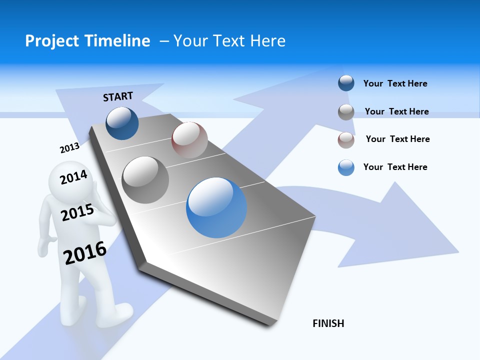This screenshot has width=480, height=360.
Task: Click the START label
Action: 118,96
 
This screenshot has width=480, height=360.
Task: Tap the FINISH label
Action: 328,323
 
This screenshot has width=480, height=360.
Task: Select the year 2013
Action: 69,147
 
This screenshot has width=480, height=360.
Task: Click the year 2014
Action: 73,177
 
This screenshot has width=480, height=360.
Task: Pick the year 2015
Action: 77,212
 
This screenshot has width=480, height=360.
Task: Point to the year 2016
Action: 85,253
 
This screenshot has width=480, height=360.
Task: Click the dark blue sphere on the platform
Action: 122,123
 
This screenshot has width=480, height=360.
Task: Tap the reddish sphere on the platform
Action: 189,139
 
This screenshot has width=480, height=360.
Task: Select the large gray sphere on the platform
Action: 145,180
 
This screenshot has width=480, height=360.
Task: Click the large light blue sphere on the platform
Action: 216,208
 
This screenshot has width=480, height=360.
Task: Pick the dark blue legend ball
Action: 346,83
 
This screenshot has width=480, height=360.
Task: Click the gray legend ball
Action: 346,112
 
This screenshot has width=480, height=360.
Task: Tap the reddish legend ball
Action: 346,140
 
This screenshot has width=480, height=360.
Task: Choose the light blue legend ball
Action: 346,167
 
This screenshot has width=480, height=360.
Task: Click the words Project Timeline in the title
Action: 87,41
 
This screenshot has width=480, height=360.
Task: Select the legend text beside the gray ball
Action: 396,111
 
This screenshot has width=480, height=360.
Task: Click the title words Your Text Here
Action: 229,41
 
